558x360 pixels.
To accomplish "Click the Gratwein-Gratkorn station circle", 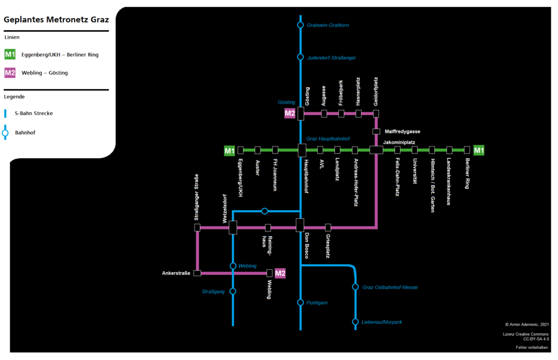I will coord(301,25).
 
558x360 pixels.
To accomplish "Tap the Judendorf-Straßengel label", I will coord(331,58).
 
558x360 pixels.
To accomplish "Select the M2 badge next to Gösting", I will coord(290,113).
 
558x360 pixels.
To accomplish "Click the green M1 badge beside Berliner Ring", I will coord(479,151).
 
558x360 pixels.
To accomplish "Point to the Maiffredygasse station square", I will coord(376,131).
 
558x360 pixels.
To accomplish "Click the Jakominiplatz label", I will coord(399,142).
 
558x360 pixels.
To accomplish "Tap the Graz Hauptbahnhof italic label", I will coord(328,139).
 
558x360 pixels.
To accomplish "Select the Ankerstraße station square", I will coord(198,273).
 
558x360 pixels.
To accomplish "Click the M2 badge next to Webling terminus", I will coord(280,273).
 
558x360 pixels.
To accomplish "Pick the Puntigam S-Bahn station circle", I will coord(301,302).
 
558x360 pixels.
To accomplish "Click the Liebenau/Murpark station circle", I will coord(355,322).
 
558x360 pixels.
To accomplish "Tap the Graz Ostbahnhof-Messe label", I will coord(389,287).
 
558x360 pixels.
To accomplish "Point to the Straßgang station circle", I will coord(233,291).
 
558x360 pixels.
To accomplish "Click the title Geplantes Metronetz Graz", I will coord(56,19).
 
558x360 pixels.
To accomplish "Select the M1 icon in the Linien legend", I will coord(10,55).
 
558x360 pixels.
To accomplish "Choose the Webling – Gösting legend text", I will coord(44,73).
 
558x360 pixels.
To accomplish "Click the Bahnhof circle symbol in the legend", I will coord(5,133).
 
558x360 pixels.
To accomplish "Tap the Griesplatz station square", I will coord(328,227).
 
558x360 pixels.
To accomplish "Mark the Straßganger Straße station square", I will coord(198,227).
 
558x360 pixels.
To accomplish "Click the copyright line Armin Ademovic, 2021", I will coord(527,325).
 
